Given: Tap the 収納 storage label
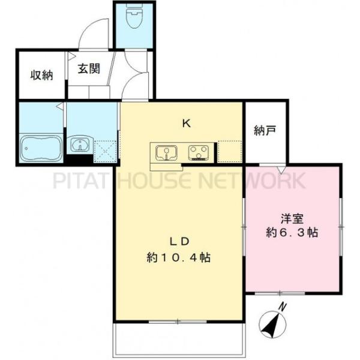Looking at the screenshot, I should pyautogui.click(x=41, y=76).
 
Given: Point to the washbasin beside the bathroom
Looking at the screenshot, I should pyautogui.click(x=79, y=145).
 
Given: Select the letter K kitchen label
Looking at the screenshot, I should pyautogui.click(x=187, y=124).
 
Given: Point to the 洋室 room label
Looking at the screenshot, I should pyautogui.click(x=292, y=217).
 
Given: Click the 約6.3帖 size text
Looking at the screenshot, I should pyautogui.click(x=292, y=232).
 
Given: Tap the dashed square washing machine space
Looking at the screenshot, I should pyautogui.click(x=106, y=151).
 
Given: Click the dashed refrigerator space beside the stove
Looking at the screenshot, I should pyautogui.click(x=230, y=151).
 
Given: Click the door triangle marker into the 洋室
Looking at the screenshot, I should pyautogui.click(x=280, y=170).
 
